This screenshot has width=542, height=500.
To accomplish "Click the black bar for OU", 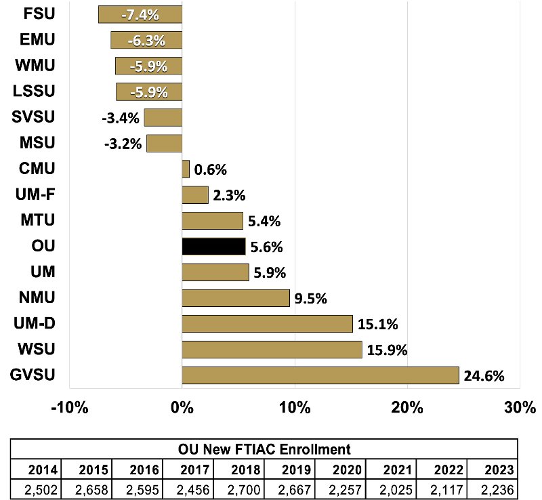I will click(213, 247).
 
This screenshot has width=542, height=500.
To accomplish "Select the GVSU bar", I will click(320, 375).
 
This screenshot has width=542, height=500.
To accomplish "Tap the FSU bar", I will click(140, 14).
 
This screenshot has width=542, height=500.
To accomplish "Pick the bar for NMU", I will click(236, 298).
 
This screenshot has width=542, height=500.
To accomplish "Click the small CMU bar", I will click(186, 169).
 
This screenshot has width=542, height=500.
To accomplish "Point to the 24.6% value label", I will click(484, 376).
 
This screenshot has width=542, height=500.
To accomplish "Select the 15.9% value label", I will click(387, 350).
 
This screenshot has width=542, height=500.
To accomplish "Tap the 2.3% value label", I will click(229, 196).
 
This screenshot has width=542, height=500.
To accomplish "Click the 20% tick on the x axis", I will click(408, 409).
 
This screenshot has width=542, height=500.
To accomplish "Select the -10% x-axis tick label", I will click(70, 409).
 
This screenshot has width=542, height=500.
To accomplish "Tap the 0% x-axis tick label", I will click(182, 409).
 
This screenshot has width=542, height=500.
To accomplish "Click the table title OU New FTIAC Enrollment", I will click(264, 449).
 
